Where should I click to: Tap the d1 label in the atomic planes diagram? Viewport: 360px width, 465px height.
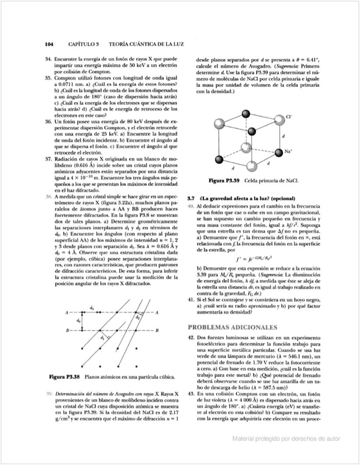point(102,337)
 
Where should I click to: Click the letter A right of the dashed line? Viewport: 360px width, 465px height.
point(156,312)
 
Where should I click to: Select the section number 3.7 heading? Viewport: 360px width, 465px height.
point(191,198)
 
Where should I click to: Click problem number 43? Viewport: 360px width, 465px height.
point(191,395)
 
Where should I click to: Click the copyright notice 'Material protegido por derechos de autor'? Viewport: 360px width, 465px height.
point(286,438)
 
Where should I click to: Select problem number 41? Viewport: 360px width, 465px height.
point(191,299)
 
